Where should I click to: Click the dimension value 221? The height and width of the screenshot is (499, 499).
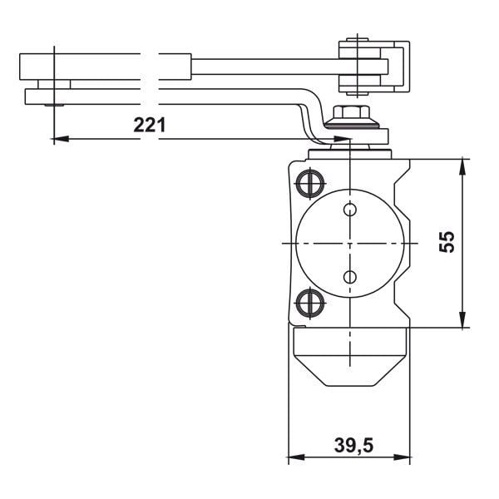pyautogui.click(x=150, y=126)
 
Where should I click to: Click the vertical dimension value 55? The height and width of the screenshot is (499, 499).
pyautogui.click(x=447, y=241)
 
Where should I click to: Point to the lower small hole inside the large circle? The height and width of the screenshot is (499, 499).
pyautogui.click(x=350, y=276)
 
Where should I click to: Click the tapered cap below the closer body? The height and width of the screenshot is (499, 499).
pyautogui.click(x=350, y=358)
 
